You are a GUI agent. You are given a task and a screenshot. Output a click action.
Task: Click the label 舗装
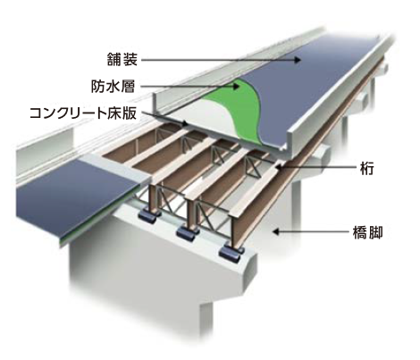[x=122, y=59]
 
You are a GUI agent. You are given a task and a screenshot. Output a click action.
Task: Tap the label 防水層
[x=113, y=87]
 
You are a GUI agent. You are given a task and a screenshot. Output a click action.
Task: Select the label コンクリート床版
[x=83, y=113]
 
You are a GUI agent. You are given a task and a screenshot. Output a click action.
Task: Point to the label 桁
[x=366, y=168]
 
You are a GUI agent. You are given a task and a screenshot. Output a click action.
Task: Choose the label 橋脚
[x=367, y=233]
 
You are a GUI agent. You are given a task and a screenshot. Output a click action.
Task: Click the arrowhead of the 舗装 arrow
[x=298, y=60]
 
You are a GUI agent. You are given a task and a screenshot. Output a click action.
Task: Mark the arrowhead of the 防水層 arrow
[x=237, y=87]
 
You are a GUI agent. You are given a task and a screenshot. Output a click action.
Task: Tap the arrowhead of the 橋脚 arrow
[x=276, y=231]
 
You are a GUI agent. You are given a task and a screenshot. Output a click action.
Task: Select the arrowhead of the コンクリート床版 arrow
[x=186, y=123]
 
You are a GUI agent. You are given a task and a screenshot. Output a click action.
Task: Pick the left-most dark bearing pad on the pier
[x=148, y=216]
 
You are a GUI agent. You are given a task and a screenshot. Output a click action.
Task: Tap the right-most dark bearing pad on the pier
[x=231, y=253]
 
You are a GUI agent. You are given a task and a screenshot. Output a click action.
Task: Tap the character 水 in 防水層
[x=113, y=87]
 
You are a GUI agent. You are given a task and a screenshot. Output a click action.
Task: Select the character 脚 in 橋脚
[x=375, y=233]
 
